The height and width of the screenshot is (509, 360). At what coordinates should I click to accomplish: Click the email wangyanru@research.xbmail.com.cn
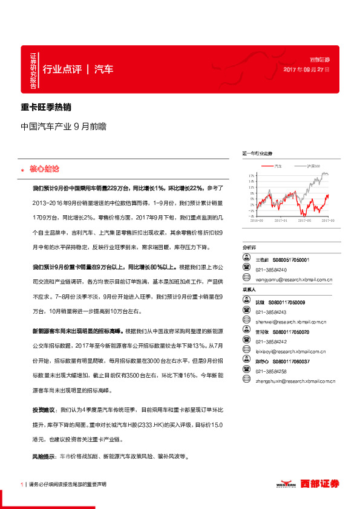[x=291, y=279]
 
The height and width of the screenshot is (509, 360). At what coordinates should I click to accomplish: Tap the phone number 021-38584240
[x=271, y=270]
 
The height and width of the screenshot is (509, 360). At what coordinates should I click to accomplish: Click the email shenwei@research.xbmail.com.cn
[x=290, y=322]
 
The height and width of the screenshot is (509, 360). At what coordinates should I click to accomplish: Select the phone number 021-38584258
[x=271, y=371]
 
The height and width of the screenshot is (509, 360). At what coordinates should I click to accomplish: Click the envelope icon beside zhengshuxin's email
[x=246, y=381]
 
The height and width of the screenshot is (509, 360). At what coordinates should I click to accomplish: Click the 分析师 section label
[x=249, y=248]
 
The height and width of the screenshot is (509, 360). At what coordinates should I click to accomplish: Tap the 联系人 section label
[x=249, y=291]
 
